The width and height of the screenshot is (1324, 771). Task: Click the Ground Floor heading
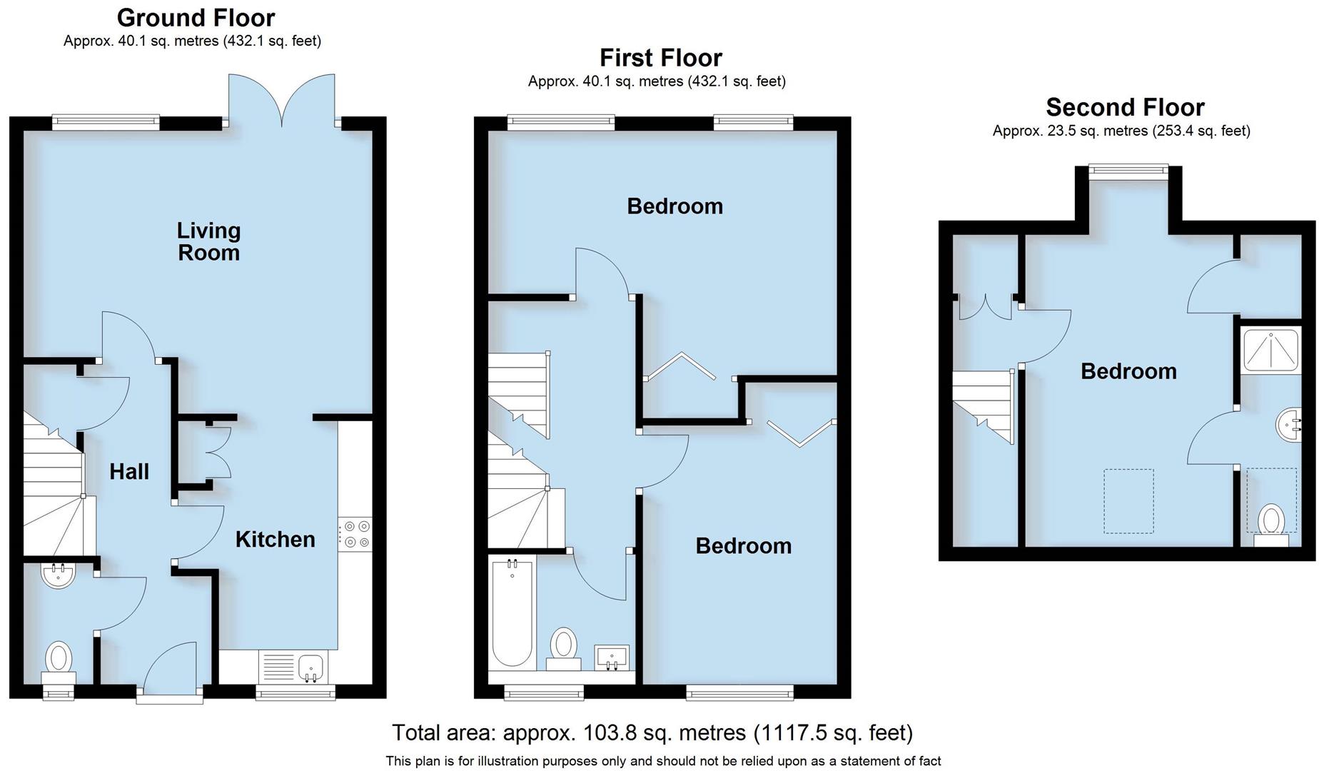click(x=196, y=17)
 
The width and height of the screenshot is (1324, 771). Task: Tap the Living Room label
click(x=208, y=241)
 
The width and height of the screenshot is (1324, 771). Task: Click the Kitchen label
click(x=276, y=540)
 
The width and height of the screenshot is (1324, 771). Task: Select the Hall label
click(x=129, y=471)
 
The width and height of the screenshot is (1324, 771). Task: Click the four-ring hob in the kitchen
click(x=355, y=535)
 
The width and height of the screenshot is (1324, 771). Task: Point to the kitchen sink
click(x=311, y=667)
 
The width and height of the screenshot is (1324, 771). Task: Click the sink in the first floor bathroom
click(x=611, y=657)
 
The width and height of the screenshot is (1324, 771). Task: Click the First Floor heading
click(x=660, y=58)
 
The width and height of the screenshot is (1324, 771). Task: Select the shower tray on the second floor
click(x=1271, y=350)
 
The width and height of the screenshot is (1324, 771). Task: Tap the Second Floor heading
click(x=1125, y=107)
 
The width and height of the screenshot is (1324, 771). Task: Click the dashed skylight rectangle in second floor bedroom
click(x=1128, y=500)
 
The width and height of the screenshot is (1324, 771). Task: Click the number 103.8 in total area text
click(x=607, y=732)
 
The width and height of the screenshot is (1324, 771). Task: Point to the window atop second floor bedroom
click(x=1128, y=169)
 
